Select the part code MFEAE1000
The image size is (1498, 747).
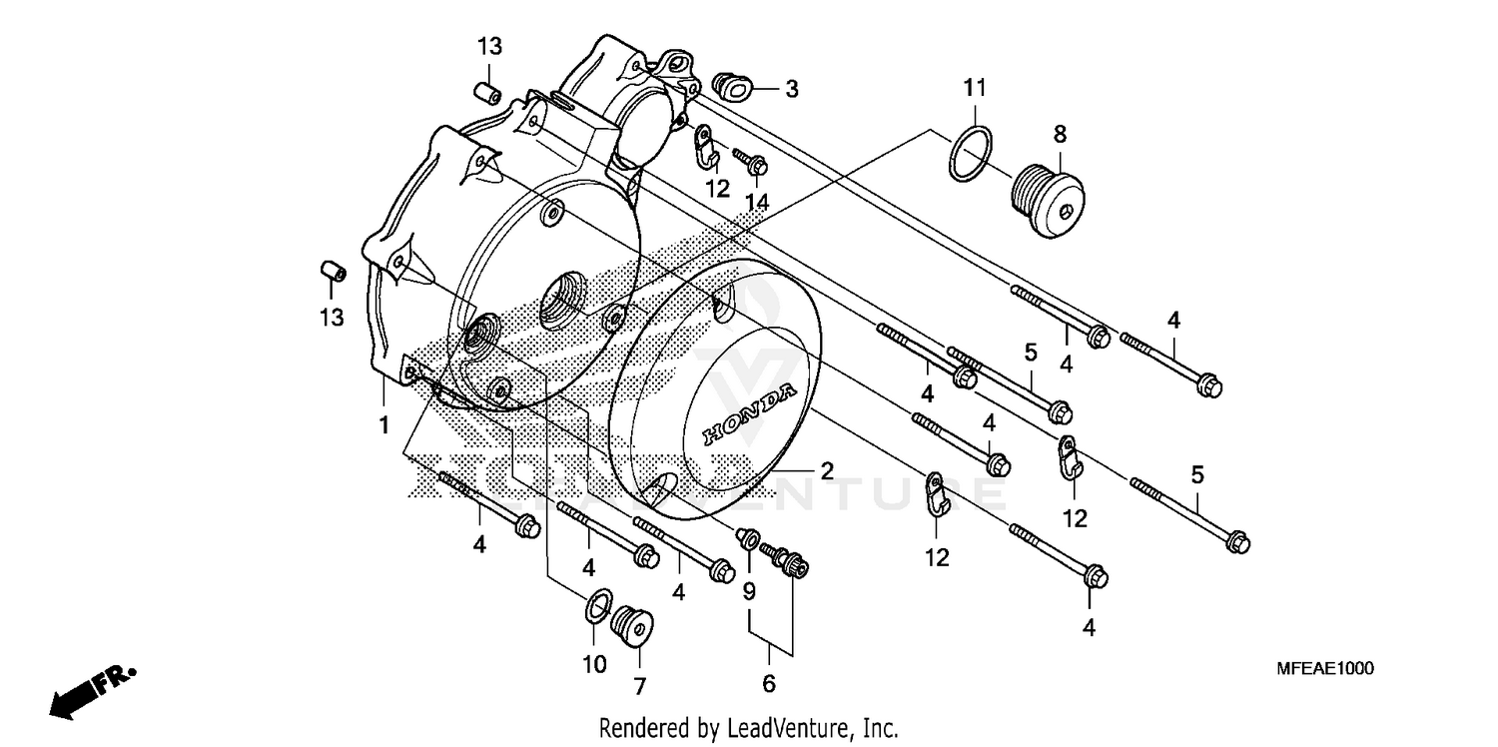pyautogui.click(x=1323, y=668)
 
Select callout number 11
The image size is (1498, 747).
pyautogui.click(x=975, y=87)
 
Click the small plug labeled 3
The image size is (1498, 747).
pyautogui.click(x=735, y=87)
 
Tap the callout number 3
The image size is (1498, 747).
pyautogui.click(x=791, y=90)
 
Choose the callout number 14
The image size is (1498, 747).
pyautogui.click(x=757, y=202)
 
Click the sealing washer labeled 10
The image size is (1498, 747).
pyautogui.click(x=598, y=605)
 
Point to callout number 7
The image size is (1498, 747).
pyautogui.click(x=639, y=686)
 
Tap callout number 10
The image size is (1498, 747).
pyautogui.click(x=594, y=664)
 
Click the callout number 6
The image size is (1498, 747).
pyautogui.click(x=768, y=684)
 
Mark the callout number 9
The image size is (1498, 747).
pyautogui.click(x=748, y=591)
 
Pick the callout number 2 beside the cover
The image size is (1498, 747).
pyautogui.click(x=827, y=471)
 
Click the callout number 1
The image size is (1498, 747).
pyautogui.click(x=382, y=426)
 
